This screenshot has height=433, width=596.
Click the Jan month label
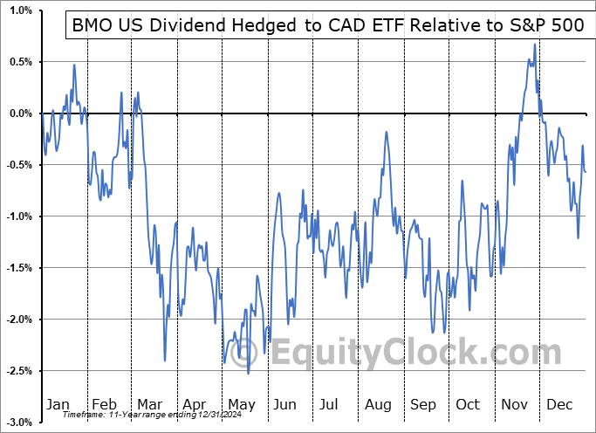pyautogui.click(x=57, y=405)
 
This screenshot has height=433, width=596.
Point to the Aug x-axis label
pyautogui.click(x=377, y=405)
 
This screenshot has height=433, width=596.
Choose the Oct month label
pyautogui.click(x=468, y=405)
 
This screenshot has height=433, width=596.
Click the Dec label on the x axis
pyautogui.click(x=559, y=405)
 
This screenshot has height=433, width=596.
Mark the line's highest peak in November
pyautogui.click(x=534, y=45)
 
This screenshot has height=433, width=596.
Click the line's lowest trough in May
pyautogui.click(x=249, y=374)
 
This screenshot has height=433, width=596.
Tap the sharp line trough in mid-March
pyautogui.click(x=165, y=361)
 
